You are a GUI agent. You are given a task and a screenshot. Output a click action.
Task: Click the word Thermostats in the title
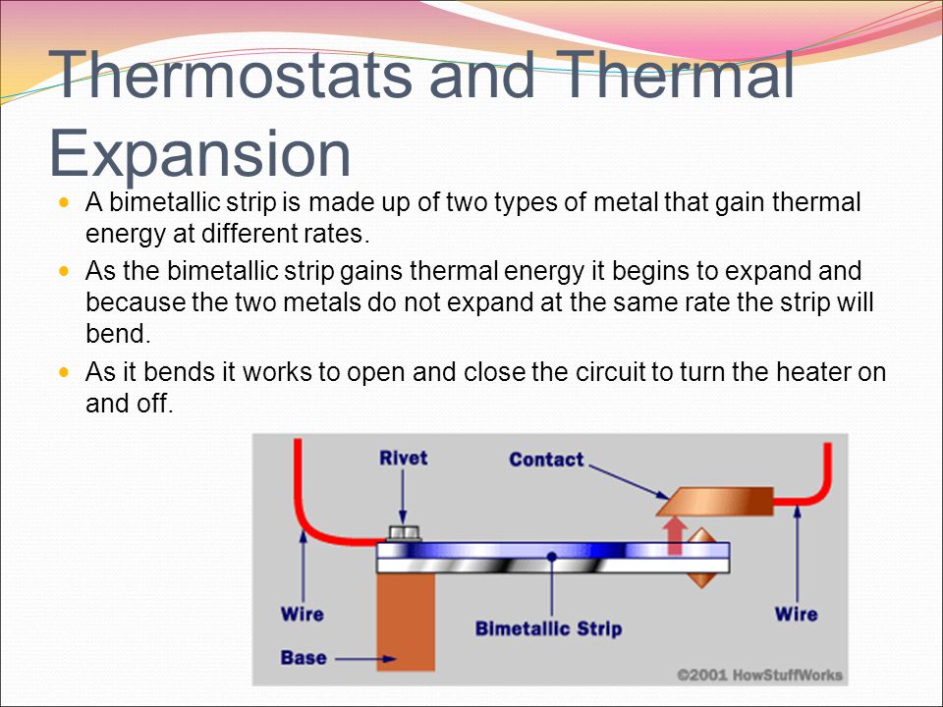click(230, 75)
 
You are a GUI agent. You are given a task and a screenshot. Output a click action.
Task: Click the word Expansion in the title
click(199, 154)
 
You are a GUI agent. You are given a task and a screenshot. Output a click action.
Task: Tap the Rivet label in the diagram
click(403, 459)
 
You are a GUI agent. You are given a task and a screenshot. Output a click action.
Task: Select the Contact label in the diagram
click(546, 460)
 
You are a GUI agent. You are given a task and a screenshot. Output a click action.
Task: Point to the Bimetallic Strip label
click(548, 628)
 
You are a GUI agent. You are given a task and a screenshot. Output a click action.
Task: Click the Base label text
click(304, 658)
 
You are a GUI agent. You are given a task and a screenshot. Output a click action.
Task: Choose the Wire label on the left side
click(302, 615)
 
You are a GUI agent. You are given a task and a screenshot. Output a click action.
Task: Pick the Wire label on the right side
click(797, 615)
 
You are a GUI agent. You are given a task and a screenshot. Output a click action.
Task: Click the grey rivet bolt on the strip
click(404, 533)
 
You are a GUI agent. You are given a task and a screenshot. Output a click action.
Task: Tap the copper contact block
click(715, 502)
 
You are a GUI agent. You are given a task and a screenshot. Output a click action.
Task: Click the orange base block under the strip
click(406, 622)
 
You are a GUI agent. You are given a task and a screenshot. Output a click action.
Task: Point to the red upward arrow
click(675, 536)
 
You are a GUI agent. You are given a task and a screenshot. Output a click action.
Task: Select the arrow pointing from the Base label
click(365, 659)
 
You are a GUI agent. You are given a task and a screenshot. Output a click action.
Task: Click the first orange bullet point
click(64, 202)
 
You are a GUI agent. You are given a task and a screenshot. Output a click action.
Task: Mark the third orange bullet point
click(64, 373)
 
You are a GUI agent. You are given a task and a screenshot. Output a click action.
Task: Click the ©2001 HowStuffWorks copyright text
click(759, 676)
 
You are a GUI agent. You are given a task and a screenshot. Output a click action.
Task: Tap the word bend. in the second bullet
click(118, 334)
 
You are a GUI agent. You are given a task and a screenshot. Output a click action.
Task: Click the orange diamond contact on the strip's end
click(701, 558)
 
